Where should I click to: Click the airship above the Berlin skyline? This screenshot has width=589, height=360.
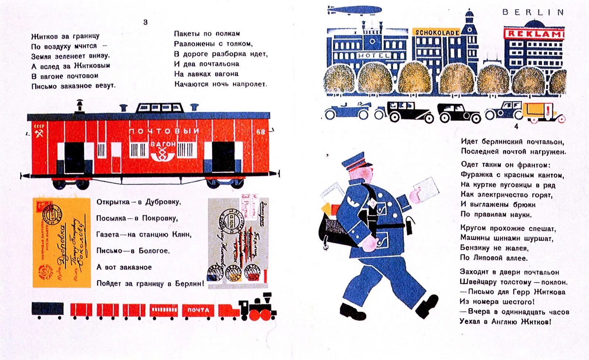(354, 10)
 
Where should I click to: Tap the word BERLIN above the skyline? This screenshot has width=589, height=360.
(533, 12)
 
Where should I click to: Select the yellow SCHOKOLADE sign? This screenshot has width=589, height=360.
(437, 32)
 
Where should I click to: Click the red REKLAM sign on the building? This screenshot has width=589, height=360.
(534, 33)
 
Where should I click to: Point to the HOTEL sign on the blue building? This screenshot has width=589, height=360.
(374, 55)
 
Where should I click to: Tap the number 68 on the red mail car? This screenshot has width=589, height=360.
(261, 132)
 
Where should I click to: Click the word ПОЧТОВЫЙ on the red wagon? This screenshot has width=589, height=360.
(164, 131)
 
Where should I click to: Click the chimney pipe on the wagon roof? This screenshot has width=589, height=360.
(79, 106)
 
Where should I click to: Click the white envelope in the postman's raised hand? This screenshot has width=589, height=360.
(426, 188)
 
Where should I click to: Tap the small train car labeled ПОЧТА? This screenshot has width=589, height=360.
(198, 310)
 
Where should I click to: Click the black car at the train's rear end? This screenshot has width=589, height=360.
(47, 309)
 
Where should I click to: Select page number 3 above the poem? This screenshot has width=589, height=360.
(145, 22)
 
